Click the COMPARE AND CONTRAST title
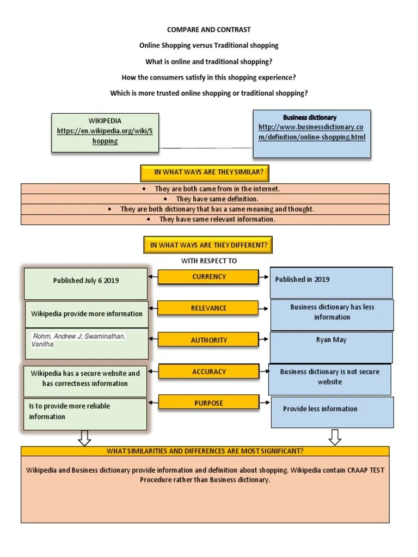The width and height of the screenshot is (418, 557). click(209, 29)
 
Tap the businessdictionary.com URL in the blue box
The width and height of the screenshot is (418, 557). click(312, 132)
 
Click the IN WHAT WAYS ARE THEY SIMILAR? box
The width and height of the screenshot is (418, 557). click(209, 172)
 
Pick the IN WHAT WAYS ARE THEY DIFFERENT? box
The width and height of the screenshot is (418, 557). click(209, 245)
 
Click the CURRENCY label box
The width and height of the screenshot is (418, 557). click(209, 277)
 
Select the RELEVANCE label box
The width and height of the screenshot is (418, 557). click(209, 308)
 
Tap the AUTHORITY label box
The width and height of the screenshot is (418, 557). click(209, 340)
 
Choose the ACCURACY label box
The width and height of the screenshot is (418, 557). click(209, 372)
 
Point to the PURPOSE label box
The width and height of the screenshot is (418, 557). click(209, 403)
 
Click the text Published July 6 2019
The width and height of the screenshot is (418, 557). click(86, 281)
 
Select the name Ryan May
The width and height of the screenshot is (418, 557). click(331, 339)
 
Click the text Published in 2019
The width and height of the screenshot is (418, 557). click(302, 279)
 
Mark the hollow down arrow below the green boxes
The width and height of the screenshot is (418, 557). click(84, 437)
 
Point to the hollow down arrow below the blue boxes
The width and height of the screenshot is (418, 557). click(335, 437)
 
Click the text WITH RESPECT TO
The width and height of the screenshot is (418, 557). click(209, 261)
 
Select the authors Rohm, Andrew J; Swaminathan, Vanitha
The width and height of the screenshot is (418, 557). click(79, 340)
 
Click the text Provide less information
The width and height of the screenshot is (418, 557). click(320, 409)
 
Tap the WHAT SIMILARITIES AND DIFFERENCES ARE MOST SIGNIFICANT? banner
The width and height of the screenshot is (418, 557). click(205, 451)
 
